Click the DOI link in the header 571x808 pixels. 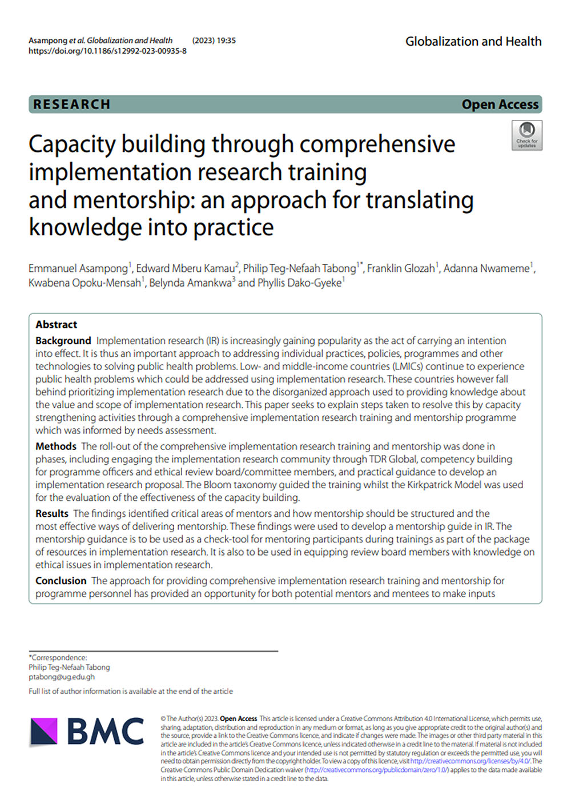(107, 51)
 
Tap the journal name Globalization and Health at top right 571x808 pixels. (473, 41)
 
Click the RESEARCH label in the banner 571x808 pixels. (71, 104)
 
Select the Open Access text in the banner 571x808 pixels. (500, 104)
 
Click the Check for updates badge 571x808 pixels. (526, 135)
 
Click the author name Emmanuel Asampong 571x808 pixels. (78, 268)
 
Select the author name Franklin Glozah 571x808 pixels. (401, 268)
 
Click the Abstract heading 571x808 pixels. (56, 324)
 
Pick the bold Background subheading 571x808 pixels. (63, 341)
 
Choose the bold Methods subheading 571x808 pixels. (55, 447)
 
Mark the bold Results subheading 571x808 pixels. (51, 514)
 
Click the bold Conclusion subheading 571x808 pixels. (61, 581)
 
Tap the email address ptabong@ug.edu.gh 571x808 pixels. (62, 677)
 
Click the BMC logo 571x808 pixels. (87, 731)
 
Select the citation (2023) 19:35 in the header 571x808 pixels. (214, 41)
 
